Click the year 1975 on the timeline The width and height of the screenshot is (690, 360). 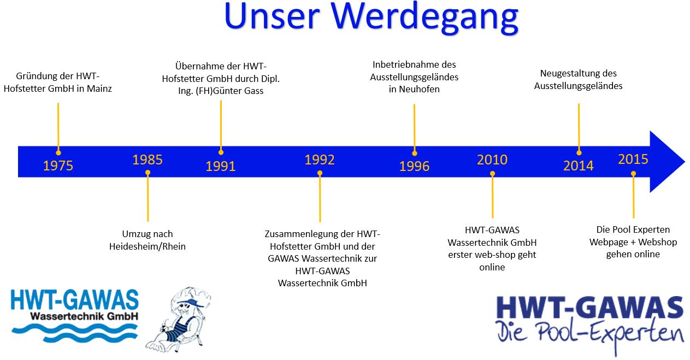(58, 166)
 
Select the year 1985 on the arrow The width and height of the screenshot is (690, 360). (148, 160)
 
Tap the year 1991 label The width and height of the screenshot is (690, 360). (221, 166)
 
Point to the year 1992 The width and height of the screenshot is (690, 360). (320, 160)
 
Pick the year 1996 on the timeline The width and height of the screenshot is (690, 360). (414, 166)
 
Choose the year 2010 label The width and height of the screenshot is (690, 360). (492, 160)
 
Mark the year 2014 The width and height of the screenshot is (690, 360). (579, 166)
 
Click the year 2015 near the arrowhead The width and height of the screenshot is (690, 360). (633, 159)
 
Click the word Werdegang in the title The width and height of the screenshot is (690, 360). (425, 17)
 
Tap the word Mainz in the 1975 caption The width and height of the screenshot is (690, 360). (99, 88)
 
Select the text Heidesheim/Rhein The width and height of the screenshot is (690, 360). (148, 246)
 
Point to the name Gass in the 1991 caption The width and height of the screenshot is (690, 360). (254, 91)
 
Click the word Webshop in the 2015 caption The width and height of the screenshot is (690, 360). (657, 242)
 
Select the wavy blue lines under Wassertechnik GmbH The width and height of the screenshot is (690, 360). (74, 332)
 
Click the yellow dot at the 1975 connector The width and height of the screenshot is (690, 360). (58, 153)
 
